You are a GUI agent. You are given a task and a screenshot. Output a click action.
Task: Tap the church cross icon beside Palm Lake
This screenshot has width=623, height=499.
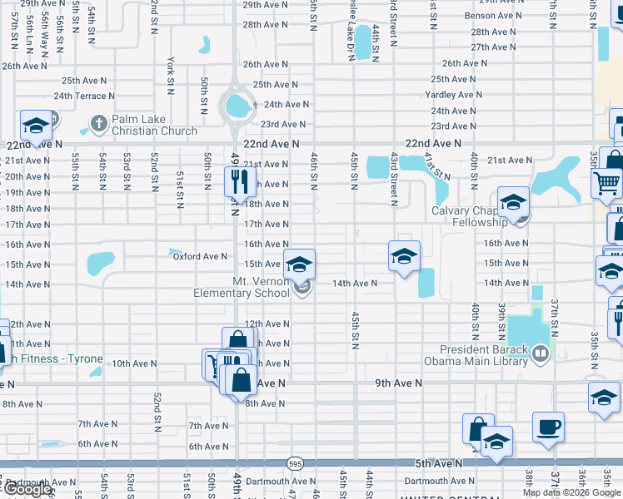[x=97, y=123]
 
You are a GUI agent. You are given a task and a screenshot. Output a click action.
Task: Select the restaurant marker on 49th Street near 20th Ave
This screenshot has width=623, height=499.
[x=239, y=180]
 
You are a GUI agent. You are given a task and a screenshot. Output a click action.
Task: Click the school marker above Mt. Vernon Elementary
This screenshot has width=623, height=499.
[x=300, y=264]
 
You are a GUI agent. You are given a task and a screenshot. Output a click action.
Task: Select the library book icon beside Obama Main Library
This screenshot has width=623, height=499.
[x=541, y=355]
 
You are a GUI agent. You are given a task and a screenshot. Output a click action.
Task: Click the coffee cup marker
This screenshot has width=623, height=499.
[x=548, y=427]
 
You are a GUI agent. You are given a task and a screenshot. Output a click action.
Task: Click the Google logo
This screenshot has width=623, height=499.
[x=27, y=489]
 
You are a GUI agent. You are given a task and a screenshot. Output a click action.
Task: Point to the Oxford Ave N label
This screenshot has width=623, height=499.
[x=200, y=256]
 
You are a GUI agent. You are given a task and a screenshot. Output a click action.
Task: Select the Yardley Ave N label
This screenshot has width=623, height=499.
[x=450, y=95]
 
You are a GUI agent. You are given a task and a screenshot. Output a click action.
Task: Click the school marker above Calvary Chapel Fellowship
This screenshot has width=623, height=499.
[x=513, y=202]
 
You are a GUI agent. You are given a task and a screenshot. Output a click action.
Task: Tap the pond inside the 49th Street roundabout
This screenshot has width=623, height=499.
[x=237, y=106]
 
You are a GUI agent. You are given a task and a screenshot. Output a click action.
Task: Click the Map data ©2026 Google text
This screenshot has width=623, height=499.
[x=571, y=492]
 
